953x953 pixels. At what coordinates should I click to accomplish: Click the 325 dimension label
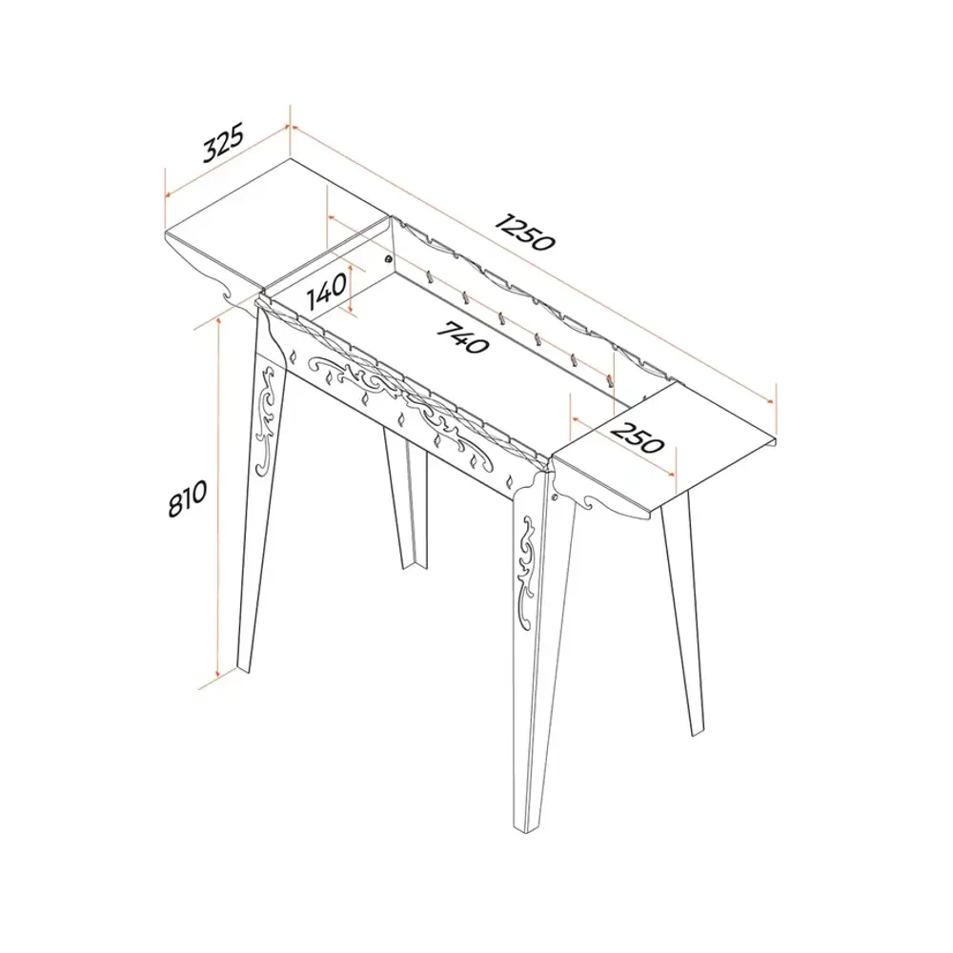tap(223, 142)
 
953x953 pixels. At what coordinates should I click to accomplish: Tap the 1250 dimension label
tap(524, 231)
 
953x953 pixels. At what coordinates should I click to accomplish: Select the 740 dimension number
tap(463, 337)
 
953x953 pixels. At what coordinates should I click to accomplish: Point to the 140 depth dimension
tap(327, 291)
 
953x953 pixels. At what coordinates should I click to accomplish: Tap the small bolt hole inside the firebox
tap(387, 259)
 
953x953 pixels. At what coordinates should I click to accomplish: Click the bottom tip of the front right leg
tap(526, 831)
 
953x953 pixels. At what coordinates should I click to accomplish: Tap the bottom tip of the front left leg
tap(243, 669)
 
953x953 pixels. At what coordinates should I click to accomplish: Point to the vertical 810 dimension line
tap(217, 498)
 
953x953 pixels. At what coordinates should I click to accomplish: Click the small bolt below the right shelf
tap(555, 497)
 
